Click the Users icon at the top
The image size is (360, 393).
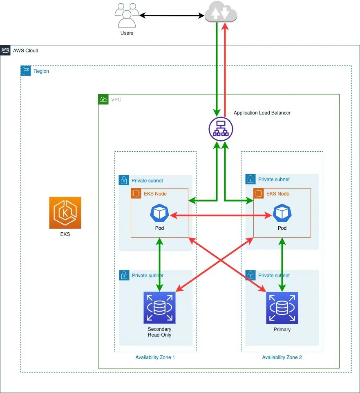127,16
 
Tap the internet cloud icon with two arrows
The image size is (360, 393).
221,12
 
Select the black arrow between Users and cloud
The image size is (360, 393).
172,16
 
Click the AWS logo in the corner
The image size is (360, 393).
5,50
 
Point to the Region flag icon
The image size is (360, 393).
25,71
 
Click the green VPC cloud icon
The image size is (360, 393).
103,99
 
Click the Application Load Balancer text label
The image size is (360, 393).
262,112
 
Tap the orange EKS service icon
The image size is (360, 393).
65,213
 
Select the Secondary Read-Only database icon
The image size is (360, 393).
159,308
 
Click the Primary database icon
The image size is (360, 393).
282,308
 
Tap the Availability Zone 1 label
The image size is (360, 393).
155,357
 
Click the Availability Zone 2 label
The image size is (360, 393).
282,357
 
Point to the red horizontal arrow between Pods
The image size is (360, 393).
221,214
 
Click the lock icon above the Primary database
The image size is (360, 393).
250,275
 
